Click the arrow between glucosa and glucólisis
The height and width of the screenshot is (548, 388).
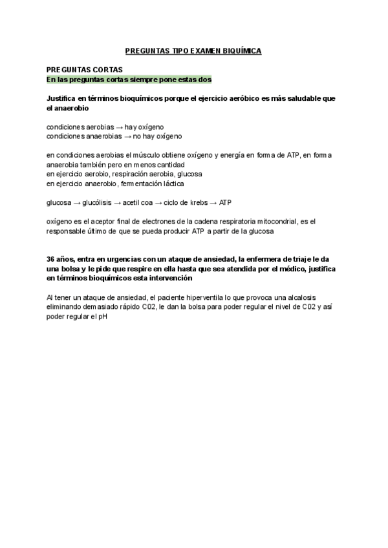tap(76, 203)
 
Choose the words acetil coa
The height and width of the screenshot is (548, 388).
tap(134, 203)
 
